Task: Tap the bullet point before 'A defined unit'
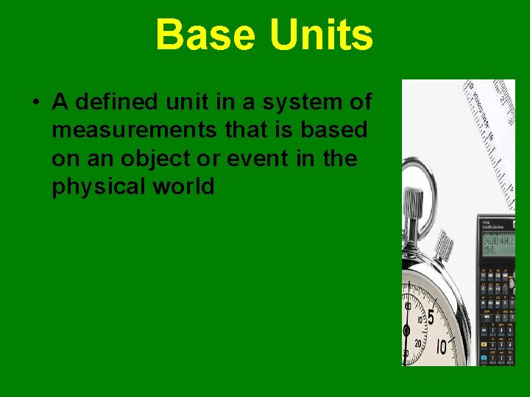pos(35,102)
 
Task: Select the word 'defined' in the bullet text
pos(116,101)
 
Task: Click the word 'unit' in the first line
pos(192,101)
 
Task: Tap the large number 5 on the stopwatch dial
pos(431,318)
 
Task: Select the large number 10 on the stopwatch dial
pos(442,346)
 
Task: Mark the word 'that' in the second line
pos(243,130)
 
